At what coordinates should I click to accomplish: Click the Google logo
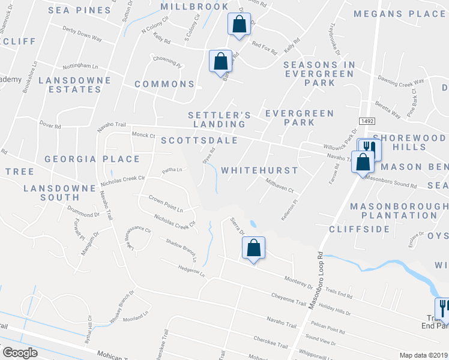click(x=20, y=352)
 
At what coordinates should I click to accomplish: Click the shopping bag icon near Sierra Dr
click(x=253, y=248)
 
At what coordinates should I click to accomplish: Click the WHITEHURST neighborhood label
click(x=259, y=170)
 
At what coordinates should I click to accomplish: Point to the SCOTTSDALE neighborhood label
click(x=199, y=140)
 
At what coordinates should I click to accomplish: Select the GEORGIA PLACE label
click(x=92, y=160)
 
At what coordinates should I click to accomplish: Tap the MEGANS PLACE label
click(x=399, y=13)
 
